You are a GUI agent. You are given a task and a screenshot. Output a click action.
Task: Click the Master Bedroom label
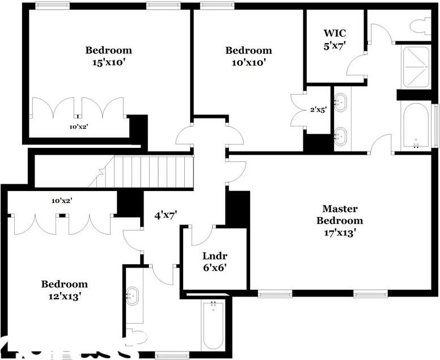coord(339,214)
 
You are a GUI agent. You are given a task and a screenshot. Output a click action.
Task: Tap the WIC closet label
coord(335,33)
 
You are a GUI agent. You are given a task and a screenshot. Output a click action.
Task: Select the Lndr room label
coord(214,255)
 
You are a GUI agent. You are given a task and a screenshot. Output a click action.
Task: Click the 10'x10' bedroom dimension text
coord(248,62)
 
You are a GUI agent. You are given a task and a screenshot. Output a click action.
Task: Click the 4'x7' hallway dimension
coord(167,215)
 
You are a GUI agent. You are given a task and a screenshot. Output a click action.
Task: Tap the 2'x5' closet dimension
coord(317,111)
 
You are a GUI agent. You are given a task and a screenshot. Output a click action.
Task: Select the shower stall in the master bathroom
coord(416,66)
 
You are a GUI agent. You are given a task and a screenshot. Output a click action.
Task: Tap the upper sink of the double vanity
coord(340,103)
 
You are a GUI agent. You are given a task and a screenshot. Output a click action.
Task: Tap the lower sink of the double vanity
coord(340,136)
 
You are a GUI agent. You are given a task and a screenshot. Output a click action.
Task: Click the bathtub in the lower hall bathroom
coord(213,324)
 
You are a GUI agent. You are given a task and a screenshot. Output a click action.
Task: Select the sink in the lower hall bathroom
coord(133,296)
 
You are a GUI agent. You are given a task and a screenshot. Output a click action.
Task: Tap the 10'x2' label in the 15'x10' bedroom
coord(78,127)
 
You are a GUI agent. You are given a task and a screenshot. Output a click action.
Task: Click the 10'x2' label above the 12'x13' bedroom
coord(62,200)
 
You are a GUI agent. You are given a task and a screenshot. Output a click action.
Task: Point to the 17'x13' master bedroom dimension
coord(339,232)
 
